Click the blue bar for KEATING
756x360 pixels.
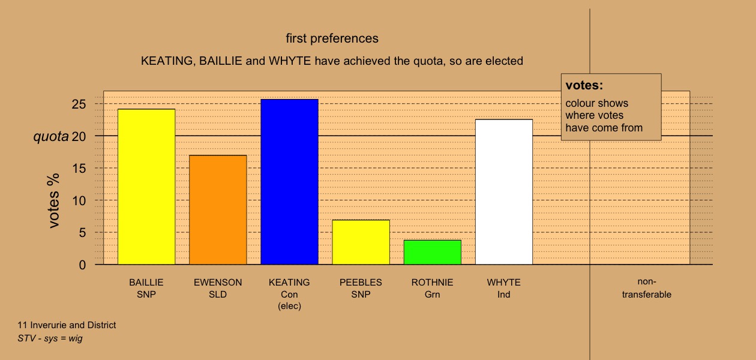289,182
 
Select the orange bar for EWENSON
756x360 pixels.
218,209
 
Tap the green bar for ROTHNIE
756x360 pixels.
433,252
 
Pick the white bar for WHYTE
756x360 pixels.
504,191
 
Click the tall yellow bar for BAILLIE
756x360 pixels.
146,187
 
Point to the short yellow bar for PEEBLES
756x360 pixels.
361,242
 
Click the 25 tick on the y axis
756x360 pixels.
79,104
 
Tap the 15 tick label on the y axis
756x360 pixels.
79,169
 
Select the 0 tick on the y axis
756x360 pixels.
82,265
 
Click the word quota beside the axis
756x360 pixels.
50,137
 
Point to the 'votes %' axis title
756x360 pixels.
53,201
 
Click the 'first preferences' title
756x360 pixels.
332,38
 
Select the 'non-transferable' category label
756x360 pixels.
647,288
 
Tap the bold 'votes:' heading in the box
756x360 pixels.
584,85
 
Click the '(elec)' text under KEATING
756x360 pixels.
289,306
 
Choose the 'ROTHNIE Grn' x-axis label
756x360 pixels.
432,288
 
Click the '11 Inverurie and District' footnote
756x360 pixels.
67,325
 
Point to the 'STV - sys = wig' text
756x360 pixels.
50,338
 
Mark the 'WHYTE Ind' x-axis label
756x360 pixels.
503,288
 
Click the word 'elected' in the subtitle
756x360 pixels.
504,61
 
